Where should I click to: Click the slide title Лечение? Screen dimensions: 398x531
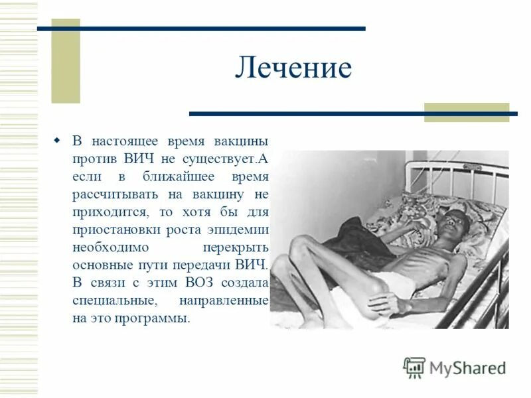[x=293, y=68]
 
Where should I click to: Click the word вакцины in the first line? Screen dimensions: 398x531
[x=241, y=142]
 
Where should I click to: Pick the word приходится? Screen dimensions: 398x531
[x=106, y=212]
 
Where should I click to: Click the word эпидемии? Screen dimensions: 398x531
[x=241, y=230]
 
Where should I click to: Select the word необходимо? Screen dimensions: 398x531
[x=110, y=247]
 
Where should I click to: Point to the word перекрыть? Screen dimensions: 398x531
[x=240, y=247]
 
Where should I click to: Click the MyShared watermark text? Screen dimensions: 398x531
[x=467, y=367]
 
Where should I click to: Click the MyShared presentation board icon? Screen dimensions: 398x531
[x=414, y=367]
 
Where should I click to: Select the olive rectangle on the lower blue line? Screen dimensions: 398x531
[x=466, y=112]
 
